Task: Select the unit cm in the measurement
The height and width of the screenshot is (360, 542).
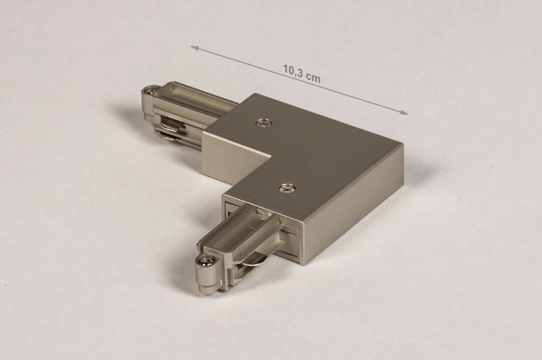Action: pos(314,78)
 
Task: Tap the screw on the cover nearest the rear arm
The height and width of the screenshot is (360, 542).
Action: pos(264,123)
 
